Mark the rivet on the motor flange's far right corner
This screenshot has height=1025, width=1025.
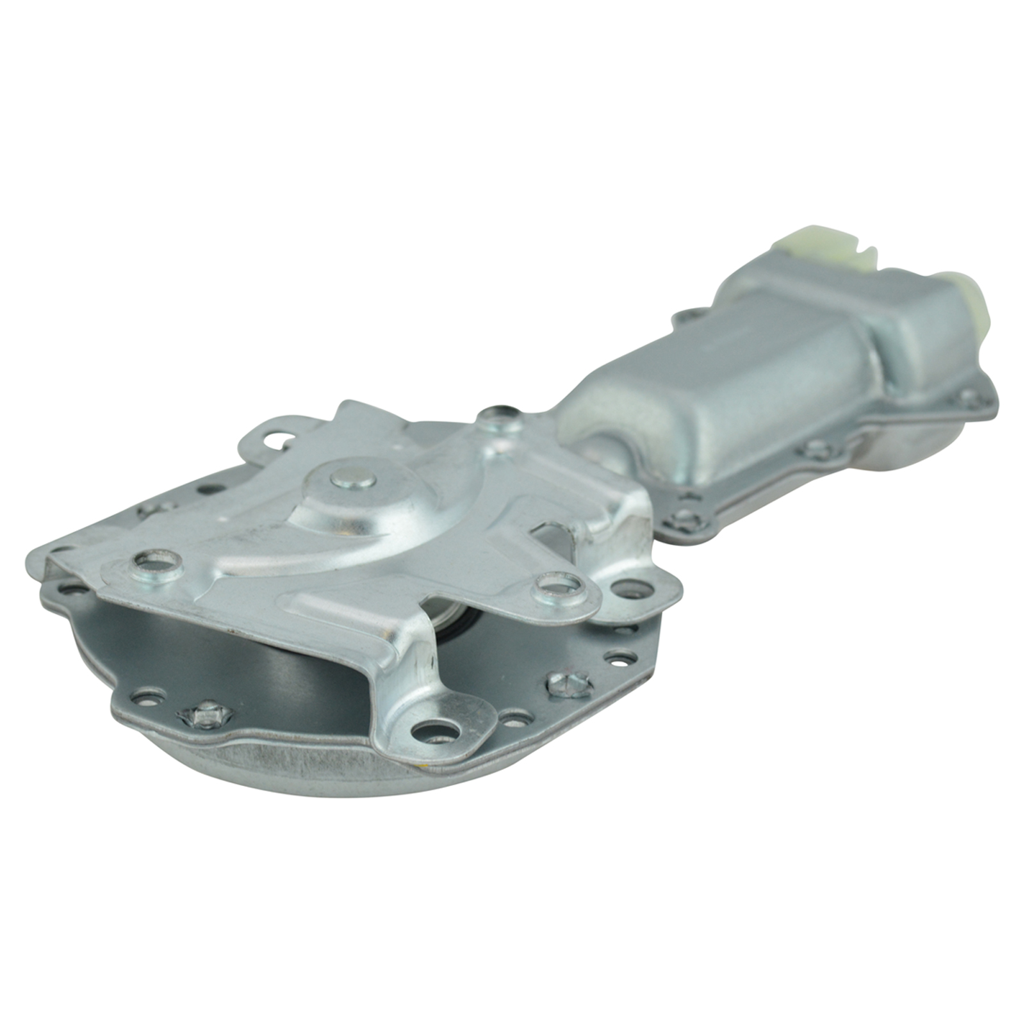click(969, 399)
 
